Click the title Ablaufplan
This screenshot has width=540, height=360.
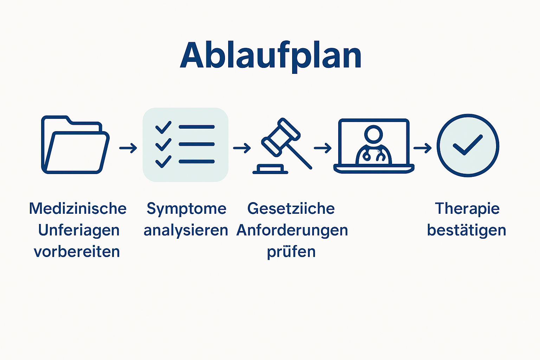(x=271, y=56)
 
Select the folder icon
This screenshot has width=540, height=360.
(x=75, y=145)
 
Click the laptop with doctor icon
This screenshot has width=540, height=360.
(x=373, y=146)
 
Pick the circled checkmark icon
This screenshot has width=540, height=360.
(x=468, y=145)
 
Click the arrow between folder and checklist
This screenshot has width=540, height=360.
(x=128, y=148)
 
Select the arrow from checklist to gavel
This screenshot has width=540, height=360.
(x=242, y=148)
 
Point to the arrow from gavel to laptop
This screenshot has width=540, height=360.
(x=322, y=148)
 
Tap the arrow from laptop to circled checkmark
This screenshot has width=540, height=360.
(x=422, y=148)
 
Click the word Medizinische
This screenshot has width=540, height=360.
(x=78, y=208)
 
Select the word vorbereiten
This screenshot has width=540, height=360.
(x=77, y=252)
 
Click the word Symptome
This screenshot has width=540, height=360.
(x=186, y=209)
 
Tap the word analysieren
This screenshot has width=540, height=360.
(x=186, y=230)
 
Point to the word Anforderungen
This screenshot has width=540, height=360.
(x=292, y=230)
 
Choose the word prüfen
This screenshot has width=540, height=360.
(x=291, y=252)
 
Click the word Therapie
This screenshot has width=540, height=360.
(x=467, y=208)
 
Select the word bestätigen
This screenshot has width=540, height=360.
(x=467, y=230)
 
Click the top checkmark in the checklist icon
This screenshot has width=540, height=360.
(x=163, y=127)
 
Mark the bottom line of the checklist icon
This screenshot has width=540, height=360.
(x=197, y=161)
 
